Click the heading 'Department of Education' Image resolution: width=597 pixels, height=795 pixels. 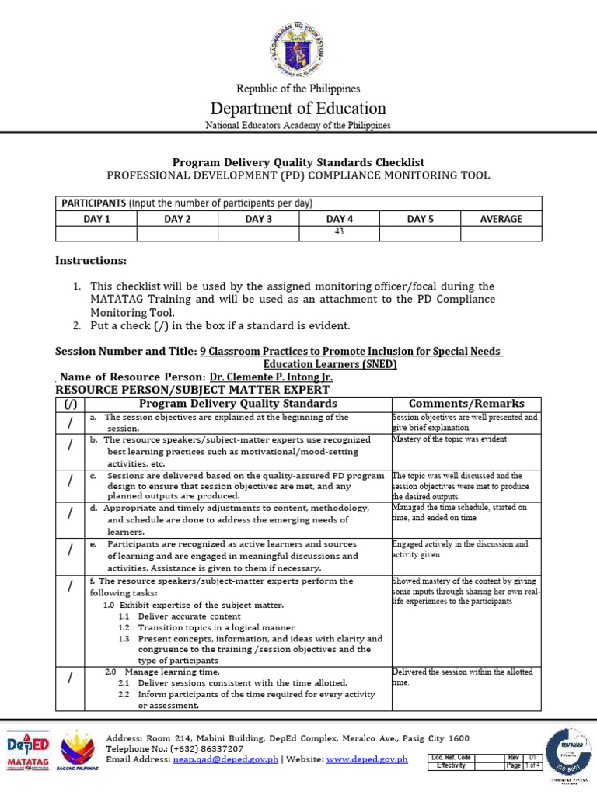(x=298, y=108)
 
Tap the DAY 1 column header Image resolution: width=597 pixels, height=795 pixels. (x=97, y=219)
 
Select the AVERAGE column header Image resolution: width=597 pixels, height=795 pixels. (x=501, y=219)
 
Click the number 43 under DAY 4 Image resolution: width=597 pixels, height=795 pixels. (x=339, y=233)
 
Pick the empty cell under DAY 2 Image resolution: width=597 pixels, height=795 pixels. (x=177, y=233)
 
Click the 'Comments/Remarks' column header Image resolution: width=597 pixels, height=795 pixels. (x=466, y=404)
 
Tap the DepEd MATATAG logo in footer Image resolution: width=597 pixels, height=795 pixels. (x=28, y=750)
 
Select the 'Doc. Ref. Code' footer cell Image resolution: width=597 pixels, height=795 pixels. (x=454, y=757)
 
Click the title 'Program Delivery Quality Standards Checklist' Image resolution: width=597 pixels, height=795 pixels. (x=298, y=162)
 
